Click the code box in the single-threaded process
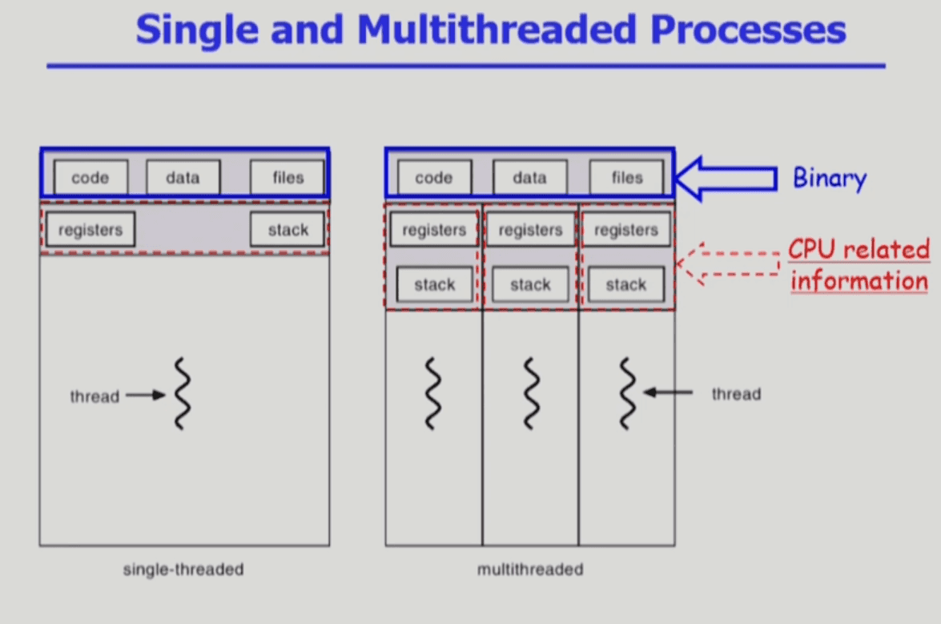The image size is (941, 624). [90, 178]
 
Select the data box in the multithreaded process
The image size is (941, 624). [529, 178]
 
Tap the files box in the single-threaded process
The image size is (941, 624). [288, 178]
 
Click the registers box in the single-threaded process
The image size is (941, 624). [90, 230]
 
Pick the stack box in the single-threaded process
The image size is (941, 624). [288, 230]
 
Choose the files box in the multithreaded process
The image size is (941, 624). [627, 178]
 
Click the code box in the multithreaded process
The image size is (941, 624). [434, 178]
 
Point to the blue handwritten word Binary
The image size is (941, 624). [829, 178]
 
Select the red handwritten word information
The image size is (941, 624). [859, 281]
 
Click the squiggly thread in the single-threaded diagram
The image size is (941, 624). [183, 394]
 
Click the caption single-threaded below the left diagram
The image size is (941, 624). [183, 570]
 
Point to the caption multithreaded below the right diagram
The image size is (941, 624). [530, 570]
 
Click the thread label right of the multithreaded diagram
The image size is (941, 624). [736, 394]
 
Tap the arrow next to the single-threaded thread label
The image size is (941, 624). [145, 395]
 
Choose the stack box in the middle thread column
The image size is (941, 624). [530, 284]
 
